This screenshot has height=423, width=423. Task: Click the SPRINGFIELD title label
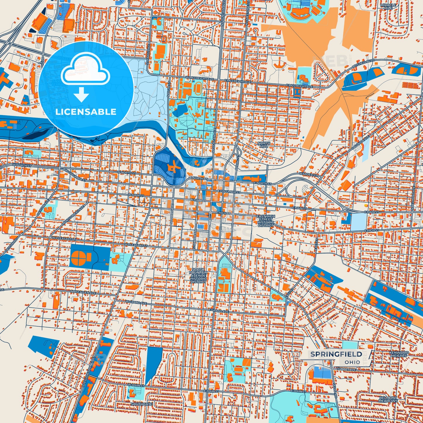click(336, 354)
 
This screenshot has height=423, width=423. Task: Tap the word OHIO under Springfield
click(352, 362)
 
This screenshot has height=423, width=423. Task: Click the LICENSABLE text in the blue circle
click(86, 112)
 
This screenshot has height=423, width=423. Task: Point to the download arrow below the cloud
click(81, 94)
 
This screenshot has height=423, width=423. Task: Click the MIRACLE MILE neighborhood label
click(388, 7)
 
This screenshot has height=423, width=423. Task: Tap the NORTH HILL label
click(264, 145)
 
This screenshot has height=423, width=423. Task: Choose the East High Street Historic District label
click(266, 221)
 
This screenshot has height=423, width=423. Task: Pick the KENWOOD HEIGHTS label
click(399, 354)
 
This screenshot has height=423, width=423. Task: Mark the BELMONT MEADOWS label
click(388, 399)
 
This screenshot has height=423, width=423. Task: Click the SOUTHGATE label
click(141, 404)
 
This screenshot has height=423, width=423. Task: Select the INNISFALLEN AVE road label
click(83, 292)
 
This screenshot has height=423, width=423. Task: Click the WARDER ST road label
click(308, 175)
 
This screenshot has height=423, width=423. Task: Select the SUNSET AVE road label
click(346, 370)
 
